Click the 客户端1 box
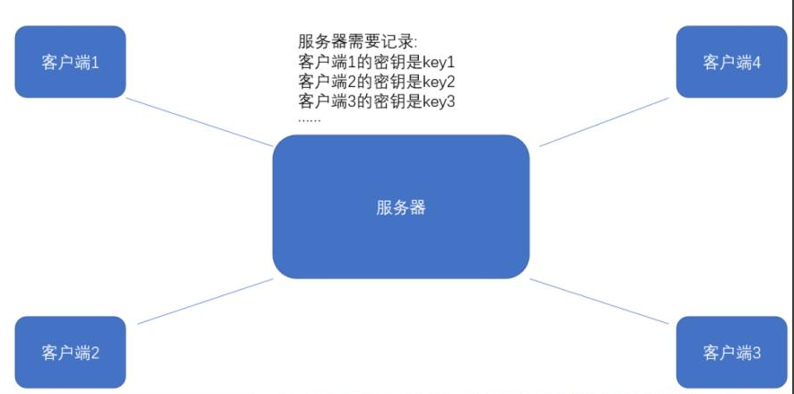(x=70, y=62)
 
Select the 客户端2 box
(x=70, y=352)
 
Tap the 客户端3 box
(x=731, y=352)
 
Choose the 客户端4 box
(x=731, y=62)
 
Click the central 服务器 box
(x=400, y=206)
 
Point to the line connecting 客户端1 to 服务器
(x=199, y=122)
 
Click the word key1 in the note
(x=439, y=62)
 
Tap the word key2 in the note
(x=440, y=82)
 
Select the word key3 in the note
(x=440, y=101)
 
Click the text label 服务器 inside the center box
(x=400, y=207)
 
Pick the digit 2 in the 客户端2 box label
(x=94, y=353)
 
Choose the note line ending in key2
(x=378, y=82)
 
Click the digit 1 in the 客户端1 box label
(x=94, y=63)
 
